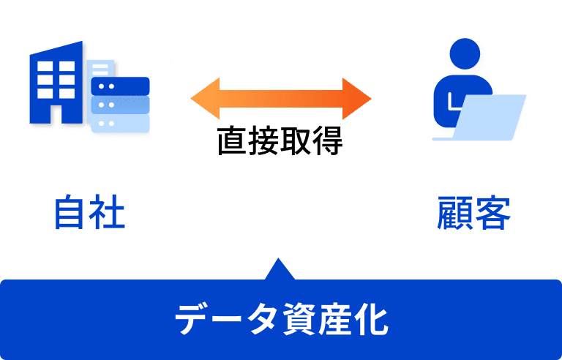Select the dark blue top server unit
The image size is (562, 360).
pos(120,86)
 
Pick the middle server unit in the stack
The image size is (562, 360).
pos(120,105)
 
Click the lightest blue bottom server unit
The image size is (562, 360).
pos(120,122)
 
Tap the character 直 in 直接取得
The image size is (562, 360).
pos(232,141)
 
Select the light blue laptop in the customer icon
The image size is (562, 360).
pos(489,117)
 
